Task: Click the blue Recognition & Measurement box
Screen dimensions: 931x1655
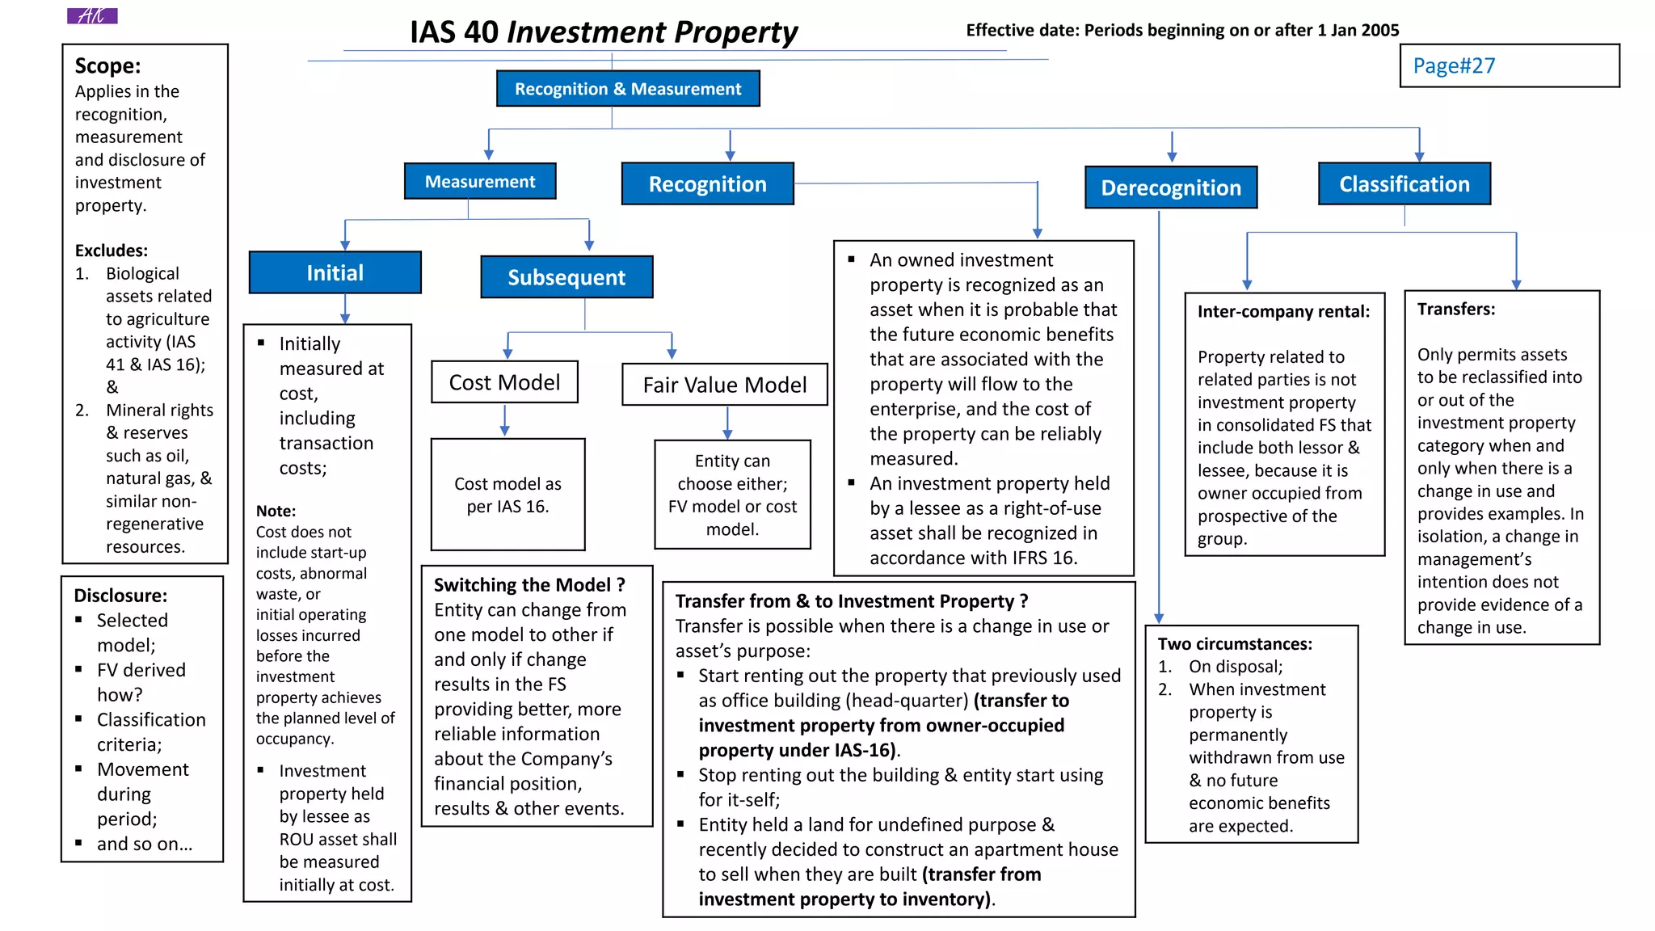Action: (628, 89)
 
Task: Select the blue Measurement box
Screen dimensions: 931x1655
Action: (480, 182)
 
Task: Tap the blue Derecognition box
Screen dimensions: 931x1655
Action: (1171, 187)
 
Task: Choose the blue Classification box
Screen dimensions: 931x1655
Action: (1404, 184)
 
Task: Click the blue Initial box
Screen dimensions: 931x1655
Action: (335, 273)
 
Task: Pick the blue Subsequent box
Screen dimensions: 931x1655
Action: (566, 277)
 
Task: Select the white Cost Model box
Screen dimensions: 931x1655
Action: (504, 382)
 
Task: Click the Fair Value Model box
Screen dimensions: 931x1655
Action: (725, 385)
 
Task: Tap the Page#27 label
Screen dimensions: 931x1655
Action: (1454, 65)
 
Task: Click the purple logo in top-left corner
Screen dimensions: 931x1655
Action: (92, 15)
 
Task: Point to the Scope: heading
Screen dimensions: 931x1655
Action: (107, 65)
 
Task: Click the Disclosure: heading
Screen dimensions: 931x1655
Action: (120, 596)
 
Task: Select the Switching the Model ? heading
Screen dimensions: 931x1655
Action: (529, 584)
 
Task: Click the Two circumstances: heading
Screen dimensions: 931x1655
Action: (1235, 644)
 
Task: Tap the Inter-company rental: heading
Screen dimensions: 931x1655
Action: (1283, 311)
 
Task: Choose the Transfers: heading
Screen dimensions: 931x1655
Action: (1456, 309)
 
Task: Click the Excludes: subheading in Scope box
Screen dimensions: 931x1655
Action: (112, 251)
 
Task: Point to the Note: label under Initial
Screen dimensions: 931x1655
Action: (276, 511)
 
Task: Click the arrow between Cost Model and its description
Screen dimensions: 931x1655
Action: (505, 420)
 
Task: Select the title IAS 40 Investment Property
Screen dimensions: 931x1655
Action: (603, 32)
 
